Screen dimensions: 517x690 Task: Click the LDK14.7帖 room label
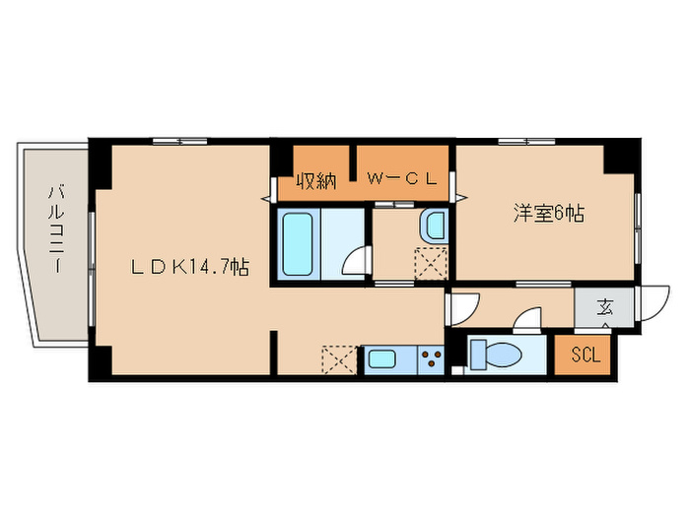(x=191, y=267)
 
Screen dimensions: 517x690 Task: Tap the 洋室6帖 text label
(x=547, y=213)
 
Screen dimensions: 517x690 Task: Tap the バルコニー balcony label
(x=56, y=228)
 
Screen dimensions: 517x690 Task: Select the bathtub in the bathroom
(x=300, y=242)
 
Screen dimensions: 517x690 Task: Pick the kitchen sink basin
(x=381, y=359)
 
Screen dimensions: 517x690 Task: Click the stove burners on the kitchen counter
(x=431, y=359)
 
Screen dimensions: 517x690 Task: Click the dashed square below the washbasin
(x=431, y=264)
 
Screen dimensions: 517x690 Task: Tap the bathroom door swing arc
(x=358, y=261)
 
